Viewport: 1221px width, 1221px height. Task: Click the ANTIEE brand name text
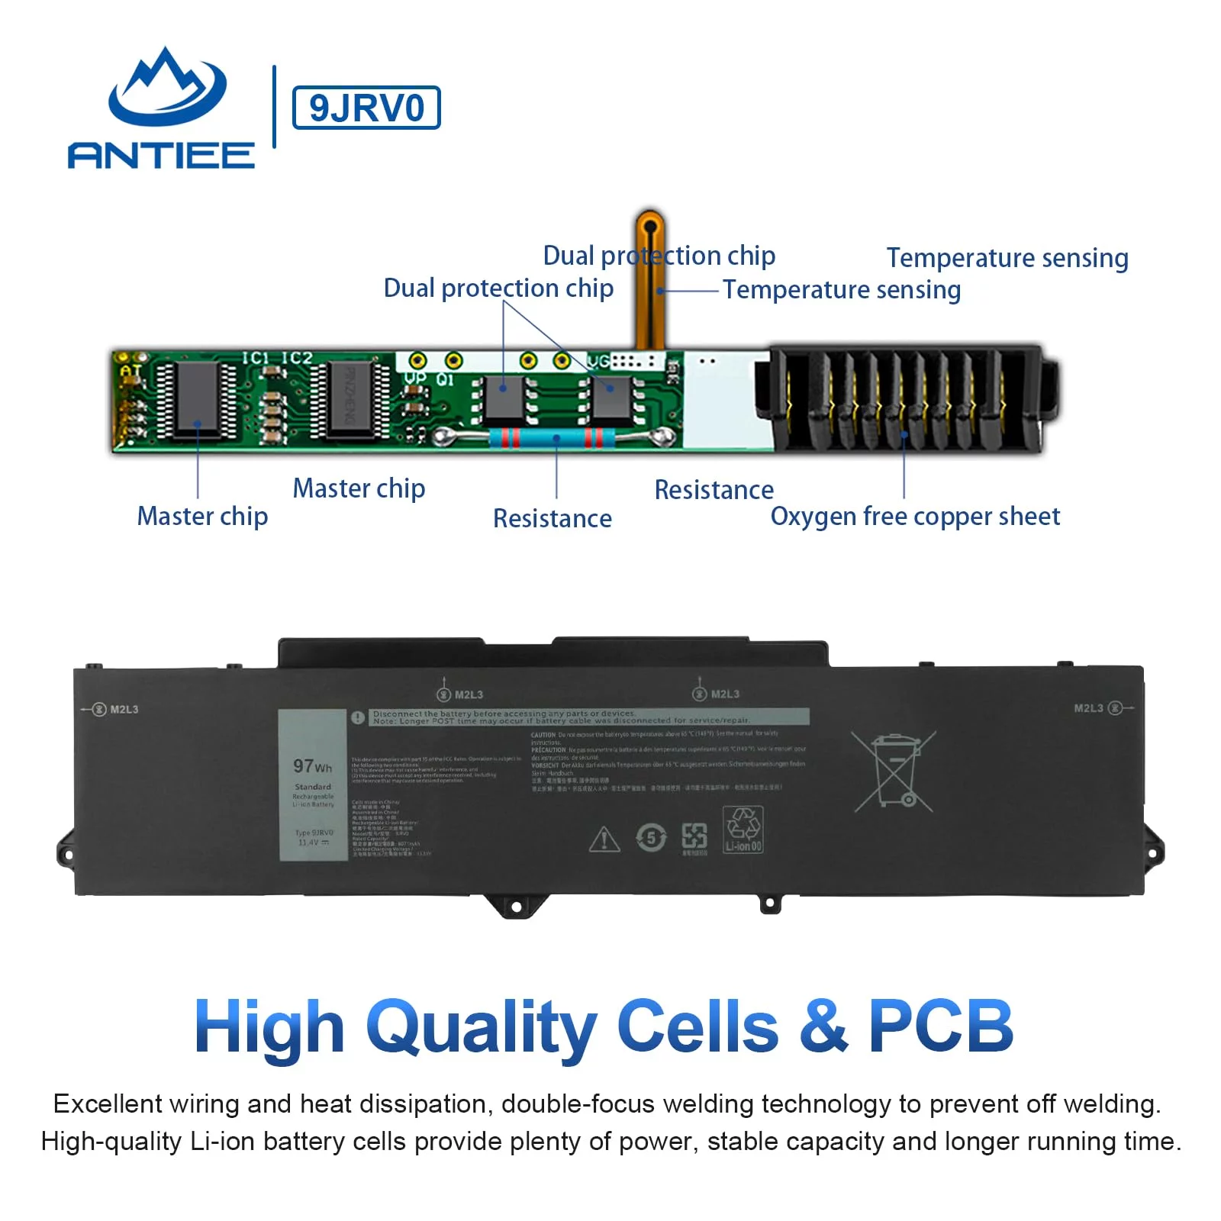pyautogui.click(x=161, y=155)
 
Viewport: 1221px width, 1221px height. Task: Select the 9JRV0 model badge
pyautogui.click(x=366, y=108)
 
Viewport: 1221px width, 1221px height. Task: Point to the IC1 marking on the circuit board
pyautogui.click(x=256, y=358)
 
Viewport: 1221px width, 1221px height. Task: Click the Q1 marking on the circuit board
pyautogui.click(x=444, y=379)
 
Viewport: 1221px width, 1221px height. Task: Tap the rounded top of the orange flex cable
pyautogui.click(x=649, y=225)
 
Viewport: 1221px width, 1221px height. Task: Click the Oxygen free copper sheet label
pyautogui.click(x=914, y=517)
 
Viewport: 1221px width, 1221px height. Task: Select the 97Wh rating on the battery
pyautogui.click(x=312, y=765)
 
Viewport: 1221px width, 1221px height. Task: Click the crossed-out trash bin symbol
pyautogui.click(x=894, y=771)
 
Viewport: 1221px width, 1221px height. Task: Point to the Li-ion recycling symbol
pyautogui.click(x=743, y=830)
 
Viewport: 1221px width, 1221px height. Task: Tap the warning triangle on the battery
pyautogui.click(x=604, y=839)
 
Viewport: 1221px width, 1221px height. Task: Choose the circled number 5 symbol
pyautogui.click(x=650, y=838)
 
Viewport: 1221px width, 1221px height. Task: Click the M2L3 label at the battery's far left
pyautogui.click(x=124, y=710)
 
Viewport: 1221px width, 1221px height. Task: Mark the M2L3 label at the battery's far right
pyautogui.click(x=1089, y=708)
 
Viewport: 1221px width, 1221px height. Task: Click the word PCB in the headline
pyautogui.click(x=940, y=1026)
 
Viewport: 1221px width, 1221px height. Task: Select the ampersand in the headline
pyautogui.click(x=823, y=1026)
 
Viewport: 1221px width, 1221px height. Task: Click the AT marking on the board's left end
pyautogui.click(x=130, y=372)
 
